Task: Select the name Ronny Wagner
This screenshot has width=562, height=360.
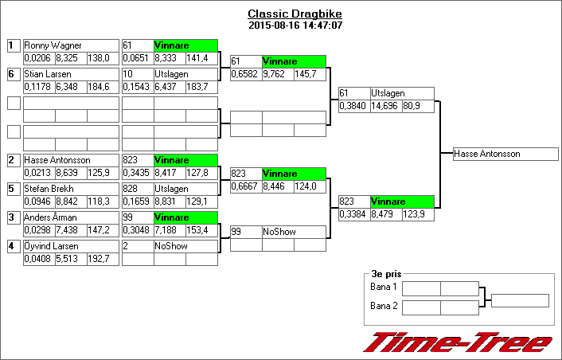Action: pos(71,45)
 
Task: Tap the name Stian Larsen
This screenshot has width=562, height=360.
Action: pos(71,74)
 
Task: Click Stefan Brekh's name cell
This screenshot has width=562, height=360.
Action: pos(71,189)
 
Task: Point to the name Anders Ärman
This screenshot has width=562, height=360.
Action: pos(71,217)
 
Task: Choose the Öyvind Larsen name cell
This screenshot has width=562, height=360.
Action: pos(71,246)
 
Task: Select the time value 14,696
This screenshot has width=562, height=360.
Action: pos(385,106)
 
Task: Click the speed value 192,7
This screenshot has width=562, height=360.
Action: pos(103,259)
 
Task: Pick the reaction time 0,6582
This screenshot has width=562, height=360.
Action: pos(245,74)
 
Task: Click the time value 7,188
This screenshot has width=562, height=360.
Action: pos(169,230)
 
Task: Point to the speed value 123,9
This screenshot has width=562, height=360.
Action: pos(418,214)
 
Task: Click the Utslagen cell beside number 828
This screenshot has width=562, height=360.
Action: pos(185,189)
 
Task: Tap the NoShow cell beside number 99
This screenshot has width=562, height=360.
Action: pos(294,232)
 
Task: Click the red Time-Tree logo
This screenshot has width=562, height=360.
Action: pos(458,342)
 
